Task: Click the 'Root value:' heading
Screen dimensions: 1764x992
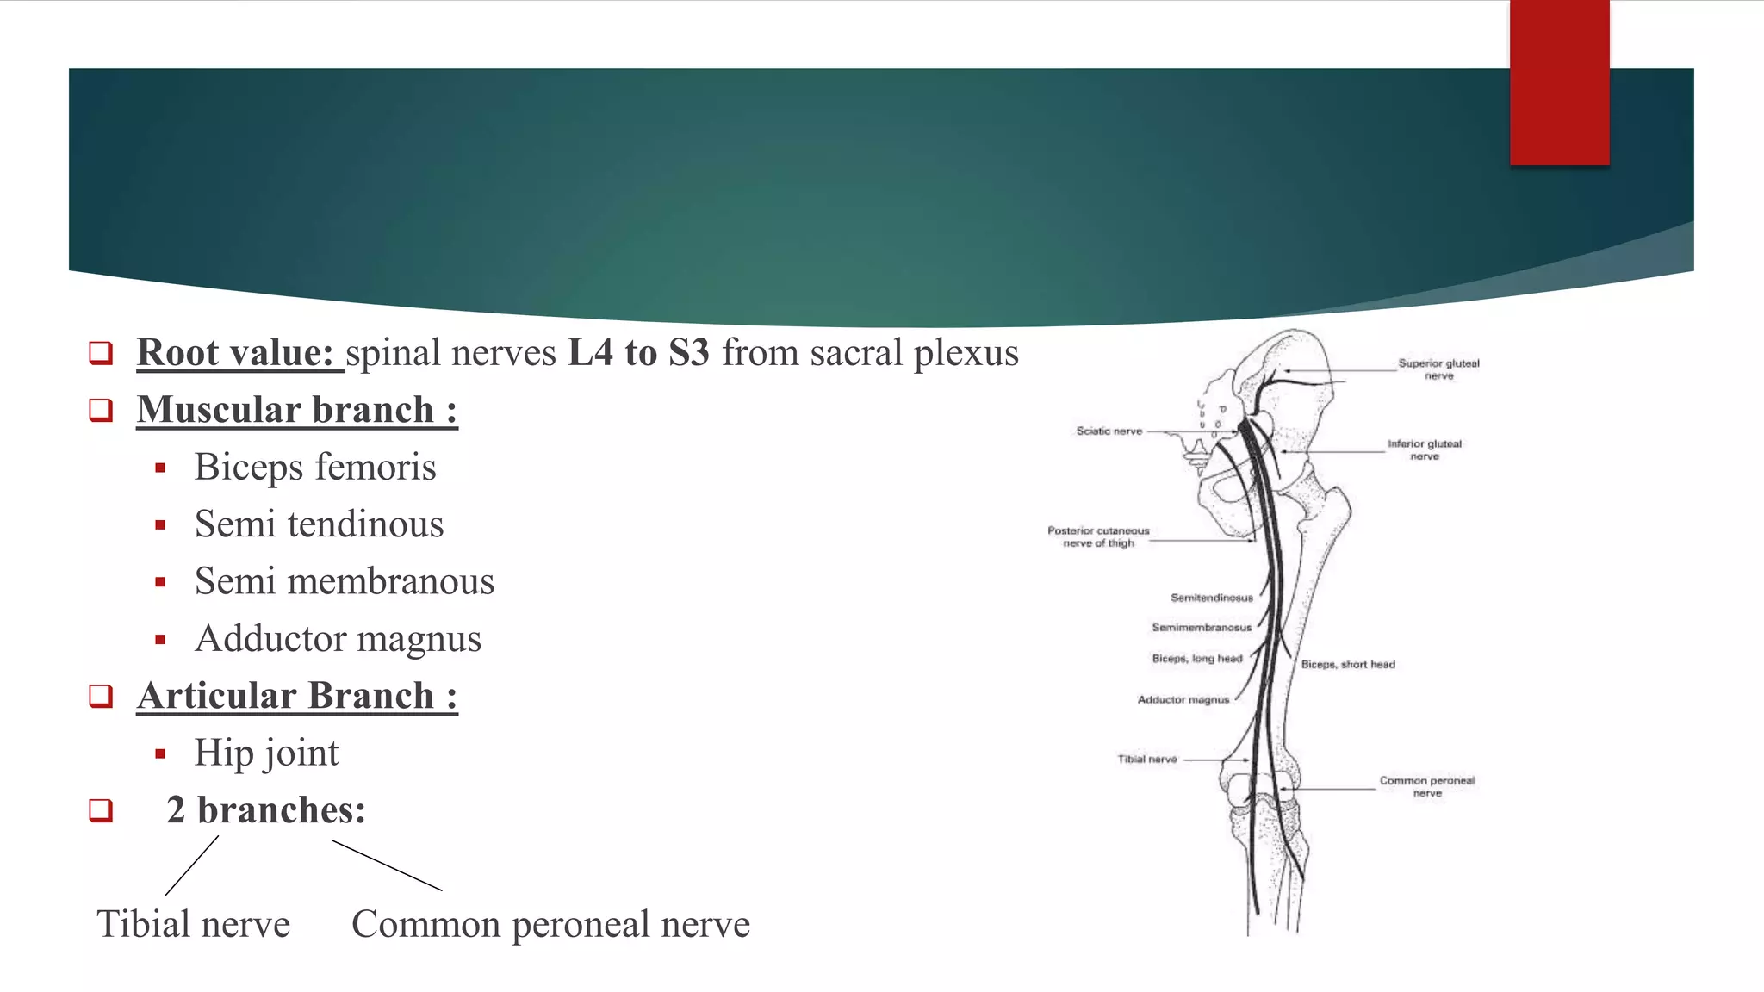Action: click(x=235, y=353)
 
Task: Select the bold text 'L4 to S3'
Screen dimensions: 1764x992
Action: click(x=638, y=353)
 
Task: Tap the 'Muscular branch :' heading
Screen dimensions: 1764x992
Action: click(x=297, y=410)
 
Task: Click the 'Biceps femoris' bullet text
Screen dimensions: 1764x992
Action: click(x=315, y=467)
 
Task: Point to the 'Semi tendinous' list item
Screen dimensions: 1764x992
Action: click(x=319, y=524)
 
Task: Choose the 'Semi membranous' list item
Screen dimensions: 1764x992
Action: click(x=345, y=581)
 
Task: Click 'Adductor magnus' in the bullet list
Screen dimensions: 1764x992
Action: click(x=338, y=638)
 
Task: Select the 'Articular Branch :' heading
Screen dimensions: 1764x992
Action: click(x=297, y=696)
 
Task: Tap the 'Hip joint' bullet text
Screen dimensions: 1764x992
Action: click(x=266, y=753)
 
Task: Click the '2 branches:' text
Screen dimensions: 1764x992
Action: click(x=266, y=809)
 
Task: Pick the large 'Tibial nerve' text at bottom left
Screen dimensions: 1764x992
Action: click(x=194, y=924)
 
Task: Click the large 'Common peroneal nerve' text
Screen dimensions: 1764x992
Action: click(x=550, y=924)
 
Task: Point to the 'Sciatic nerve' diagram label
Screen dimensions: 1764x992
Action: click(x=1109, y=431)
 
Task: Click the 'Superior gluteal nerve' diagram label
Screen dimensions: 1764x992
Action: click(x=1438, y=369)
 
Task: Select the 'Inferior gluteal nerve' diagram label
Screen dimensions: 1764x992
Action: click(x=1424, y=449)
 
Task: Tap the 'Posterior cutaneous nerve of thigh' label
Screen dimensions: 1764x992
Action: click(x=1098, y=536)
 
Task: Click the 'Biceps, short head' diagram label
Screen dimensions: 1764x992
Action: click(x=1348, y=664)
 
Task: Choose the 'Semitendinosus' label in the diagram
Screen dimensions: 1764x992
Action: click(x=1211, y=598)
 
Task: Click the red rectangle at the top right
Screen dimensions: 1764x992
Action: click(x=1559, y=83)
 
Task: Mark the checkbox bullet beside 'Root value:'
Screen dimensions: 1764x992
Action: click(x=101, y=353)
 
